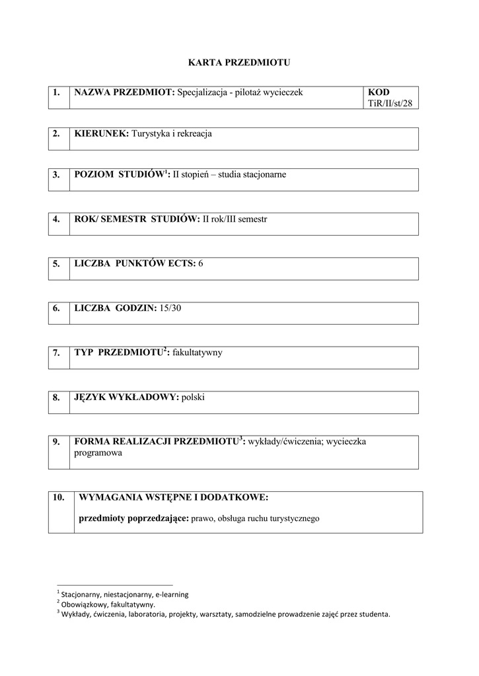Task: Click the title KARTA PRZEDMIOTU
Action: [x=239, y=63]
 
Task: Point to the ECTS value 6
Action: [x=201, y=263]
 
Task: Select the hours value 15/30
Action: [x=168, y=308]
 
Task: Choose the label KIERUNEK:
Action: [x=102, y=133]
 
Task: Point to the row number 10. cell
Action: [x=59, y=497]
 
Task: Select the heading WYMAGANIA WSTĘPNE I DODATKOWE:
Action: [x=174, y=497]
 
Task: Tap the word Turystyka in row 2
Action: [x=151, y=133]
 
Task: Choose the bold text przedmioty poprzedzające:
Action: [x=133, y=518]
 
